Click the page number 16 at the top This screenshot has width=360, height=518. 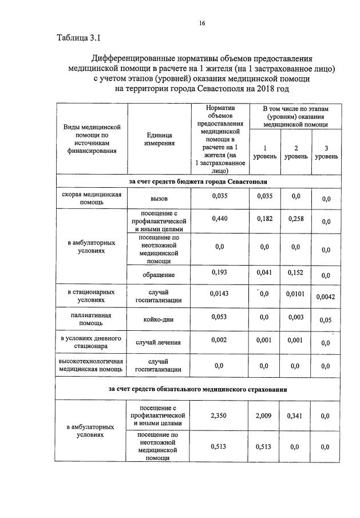click(x=201, y=23)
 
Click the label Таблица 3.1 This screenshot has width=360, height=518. click(x=78, y=38)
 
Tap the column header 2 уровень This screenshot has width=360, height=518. click(x=296, y=151)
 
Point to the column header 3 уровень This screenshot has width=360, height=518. click(x=326, y=151)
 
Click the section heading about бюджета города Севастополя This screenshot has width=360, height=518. click(x=198, y=181)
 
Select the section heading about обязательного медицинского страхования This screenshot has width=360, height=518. click(x=198, y=389)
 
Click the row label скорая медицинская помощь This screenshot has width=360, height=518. click(x=92, y=198)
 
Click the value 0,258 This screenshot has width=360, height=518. click(x=296, y=218)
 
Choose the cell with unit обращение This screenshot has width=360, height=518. click(x=159, y=275)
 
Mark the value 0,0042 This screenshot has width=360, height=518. click(x=326, y=296)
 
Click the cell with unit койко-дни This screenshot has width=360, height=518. click(x=159, y=319)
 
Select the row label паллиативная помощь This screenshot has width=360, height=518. click(x=92, y=319)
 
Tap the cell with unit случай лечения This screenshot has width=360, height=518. click(x=159, y=343)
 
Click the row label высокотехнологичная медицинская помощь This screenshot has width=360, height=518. click(x=92, y=365)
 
